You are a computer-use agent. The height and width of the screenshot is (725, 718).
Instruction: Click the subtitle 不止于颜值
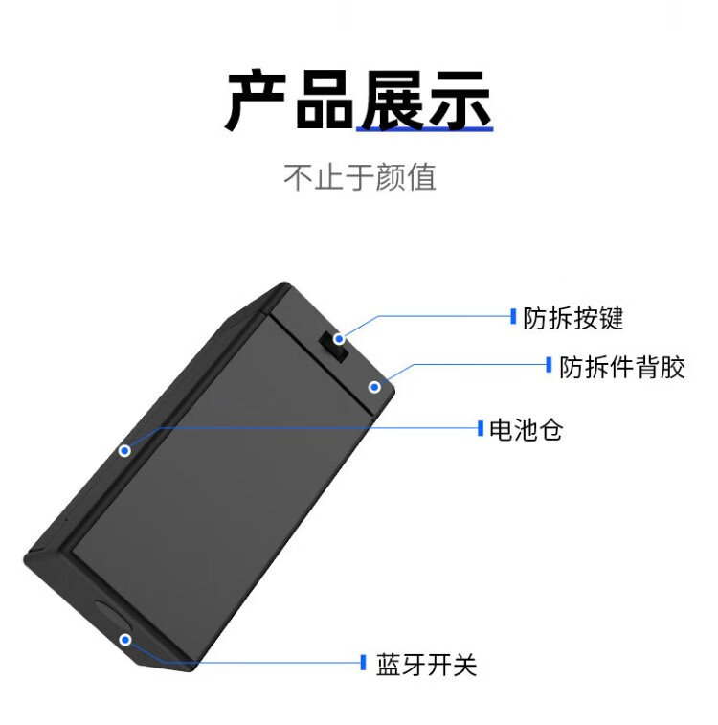point(359,177)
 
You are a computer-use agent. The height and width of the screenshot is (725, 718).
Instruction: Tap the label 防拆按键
point(572,318)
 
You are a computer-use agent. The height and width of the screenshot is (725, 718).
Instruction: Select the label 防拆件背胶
point(622,367)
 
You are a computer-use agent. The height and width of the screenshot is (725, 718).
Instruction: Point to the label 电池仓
point(526,430)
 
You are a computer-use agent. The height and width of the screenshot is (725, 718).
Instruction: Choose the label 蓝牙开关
point(426,665)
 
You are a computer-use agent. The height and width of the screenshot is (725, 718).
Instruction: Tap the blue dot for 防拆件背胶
point(375,387)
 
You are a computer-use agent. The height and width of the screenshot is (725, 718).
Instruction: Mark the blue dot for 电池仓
point(124,449)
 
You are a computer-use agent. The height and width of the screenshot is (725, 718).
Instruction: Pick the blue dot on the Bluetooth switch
point(124,638)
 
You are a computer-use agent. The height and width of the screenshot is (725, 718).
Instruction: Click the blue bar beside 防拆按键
point(513,315)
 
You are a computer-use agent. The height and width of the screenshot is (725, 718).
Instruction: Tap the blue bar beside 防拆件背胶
point(549,365)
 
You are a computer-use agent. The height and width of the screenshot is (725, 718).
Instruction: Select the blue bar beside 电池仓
point(481,428)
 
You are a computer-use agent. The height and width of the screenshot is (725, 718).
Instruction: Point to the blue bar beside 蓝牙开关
point(363,663)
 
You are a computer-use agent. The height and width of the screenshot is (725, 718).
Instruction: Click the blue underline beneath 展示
point(425,128)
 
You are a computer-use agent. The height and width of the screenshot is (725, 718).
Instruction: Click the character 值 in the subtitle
point(420,177)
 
